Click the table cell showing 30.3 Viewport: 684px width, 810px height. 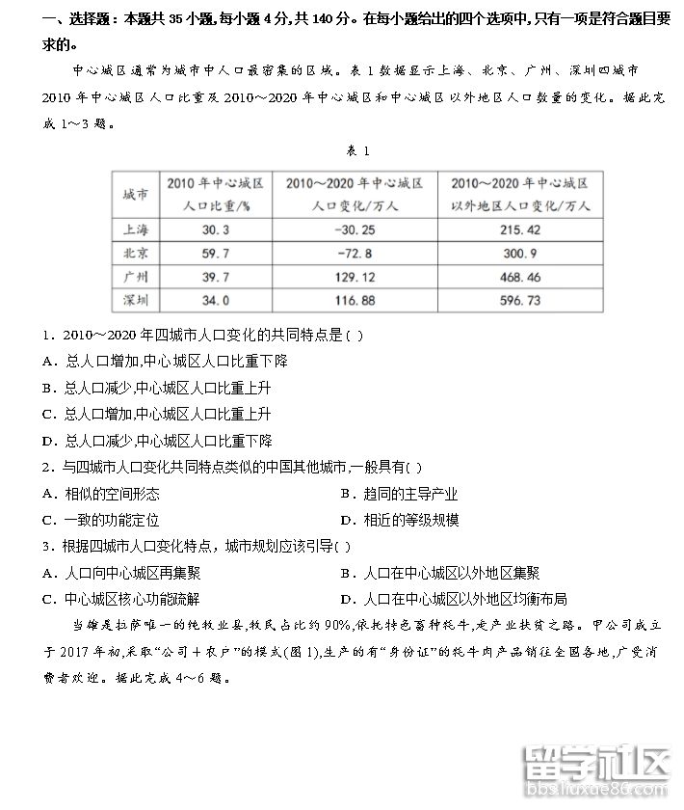tap(216, 230)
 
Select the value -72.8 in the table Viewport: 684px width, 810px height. tap(355, 254)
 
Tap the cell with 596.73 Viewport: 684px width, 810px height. tap(521, 300)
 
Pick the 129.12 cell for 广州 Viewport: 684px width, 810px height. tap(355, 277)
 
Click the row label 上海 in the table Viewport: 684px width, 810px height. tap(136, 230)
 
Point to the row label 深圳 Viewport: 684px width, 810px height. tap(136, 300)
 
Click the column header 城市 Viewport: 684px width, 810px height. tap(136, 195)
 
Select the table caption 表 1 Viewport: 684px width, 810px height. tap(357, 151)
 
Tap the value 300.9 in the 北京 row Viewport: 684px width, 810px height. tap(521, 254)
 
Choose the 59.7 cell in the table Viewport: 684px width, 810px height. tap(216, 254)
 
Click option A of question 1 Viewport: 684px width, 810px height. tap(165, 361)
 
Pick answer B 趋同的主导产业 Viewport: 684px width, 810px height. tap(398, 494)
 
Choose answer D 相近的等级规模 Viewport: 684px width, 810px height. tap(398, 520)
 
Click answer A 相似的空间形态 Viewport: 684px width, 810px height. tap(101, 494)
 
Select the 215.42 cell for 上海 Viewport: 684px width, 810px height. tap(521, 230)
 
